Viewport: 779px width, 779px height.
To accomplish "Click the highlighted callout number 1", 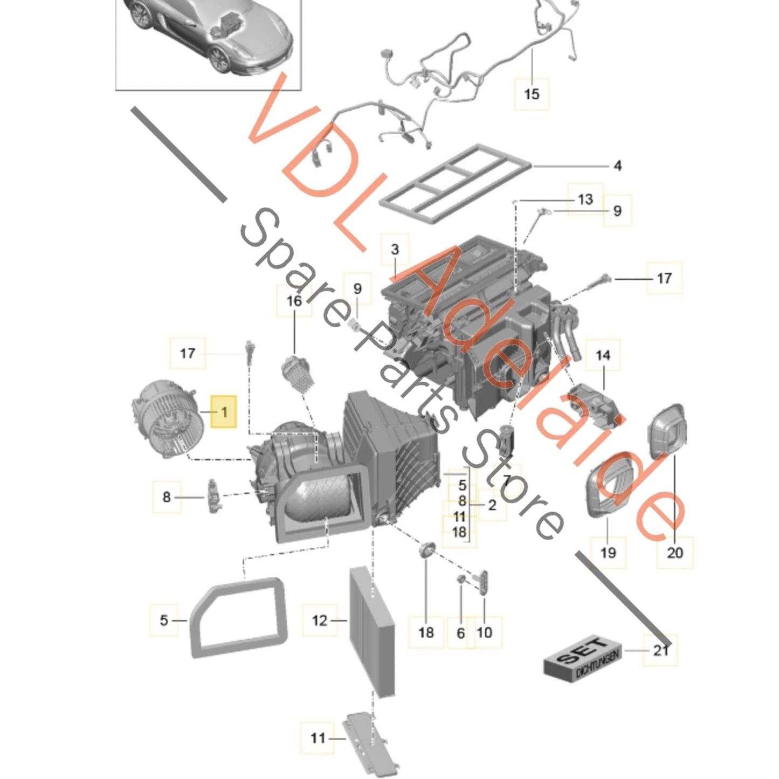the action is click(x=224, y=412).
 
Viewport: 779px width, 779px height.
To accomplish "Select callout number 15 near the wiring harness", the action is click(x=532, y=94).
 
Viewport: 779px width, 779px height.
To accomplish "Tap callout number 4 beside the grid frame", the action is click(x=617, y=166).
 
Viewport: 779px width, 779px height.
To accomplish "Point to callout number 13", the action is click(x=585, y=199).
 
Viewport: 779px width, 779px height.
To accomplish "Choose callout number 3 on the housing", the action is click(x=395, y=249).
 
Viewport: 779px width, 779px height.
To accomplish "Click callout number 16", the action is click(x=294, y=301).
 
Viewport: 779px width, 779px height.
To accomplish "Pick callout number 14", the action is click(x=603, y=355).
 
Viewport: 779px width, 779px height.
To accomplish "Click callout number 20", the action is click(x=675, y=553).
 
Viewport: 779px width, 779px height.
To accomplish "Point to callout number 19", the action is click(x=608, y=552).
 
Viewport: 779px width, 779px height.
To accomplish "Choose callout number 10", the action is click(x=484, y=632).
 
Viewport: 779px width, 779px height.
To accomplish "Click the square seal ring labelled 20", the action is click(x=667, y=431).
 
